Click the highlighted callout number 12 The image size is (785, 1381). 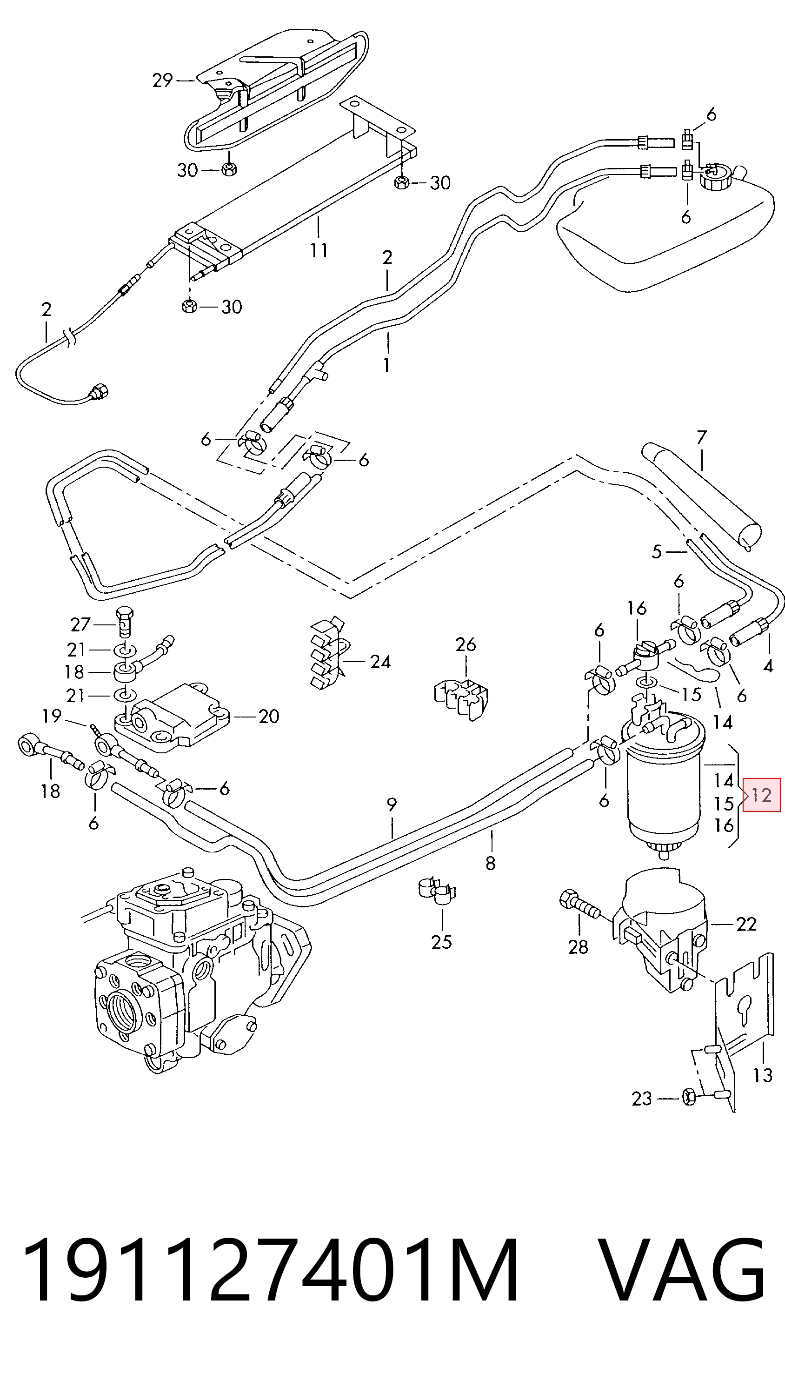[761, 795]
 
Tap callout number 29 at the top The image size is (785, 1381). [162, 80]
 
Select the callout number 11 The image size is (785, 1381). [319, 251]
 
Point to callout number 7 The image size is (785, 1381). [701, 437]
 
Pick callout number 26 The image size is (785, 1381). [466, 644]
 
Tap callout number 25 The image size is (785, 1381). [441, 942]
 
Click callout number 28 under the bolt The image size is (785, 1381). [578, 946]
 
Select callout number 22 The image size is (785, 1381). [746, 924]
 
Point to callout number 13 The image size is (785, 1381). [763, 1076]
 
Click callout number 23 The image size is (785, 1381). [642, 1099]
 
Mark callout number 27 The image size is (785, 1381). [80, 625]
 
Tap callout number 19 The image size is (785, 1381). [52, 716]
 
